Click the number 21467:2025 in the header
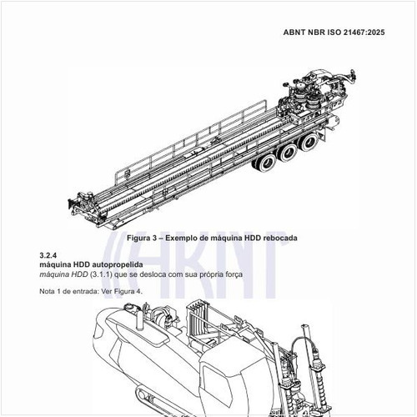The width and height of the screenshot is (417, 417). [364, 33]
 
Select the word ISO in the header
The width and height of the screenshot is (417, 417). [334, 33]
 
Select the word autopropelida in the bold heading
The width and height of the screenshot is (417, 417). [118, 264]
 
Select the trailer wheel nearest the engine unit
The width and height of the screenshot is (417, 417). [309, 142]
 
